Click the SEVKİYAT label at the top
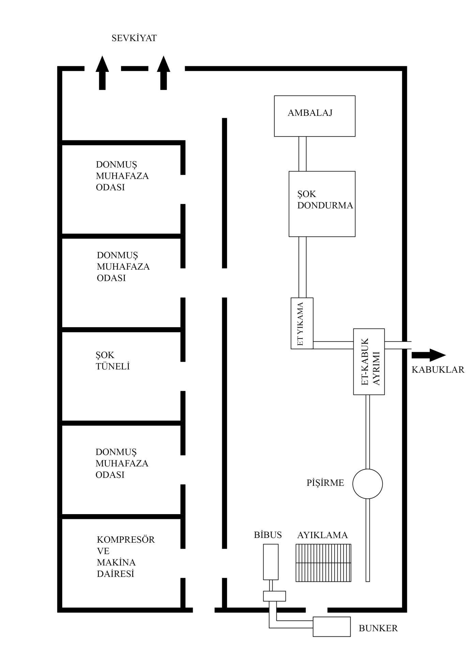click(134, 38)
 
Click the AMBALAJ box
click(315, 116)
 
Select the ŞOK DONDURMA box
click(322, 204)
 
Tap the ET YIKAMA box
click(302, 323)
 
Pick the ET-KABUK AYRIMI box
click(369, 362)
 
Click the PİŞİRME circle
click(367, 484)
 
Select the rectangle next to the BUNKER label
click(332, 626)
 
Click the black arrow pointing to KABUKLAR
click(428, 355)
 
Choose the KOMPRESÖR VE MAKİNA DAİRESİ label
click(125, 556)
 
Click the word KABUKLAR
click(438, 370)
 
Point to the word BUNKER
click(378, 628)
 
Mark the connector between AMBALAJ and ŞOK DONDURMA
click(302, 154)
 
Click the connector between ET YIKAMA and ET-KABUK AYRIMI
click(333, 345)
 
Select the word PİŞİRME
click(325, 483)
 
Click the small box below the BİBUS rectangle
click(274, 596)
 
